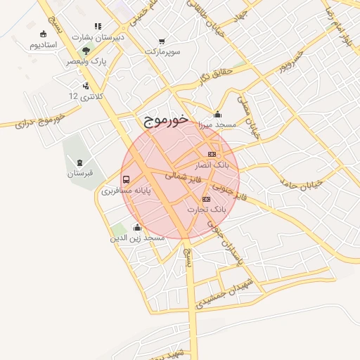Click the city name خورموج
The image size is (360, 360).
[x=167, y=120]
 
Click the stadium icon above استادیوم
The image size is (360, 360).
[x=44, y=33]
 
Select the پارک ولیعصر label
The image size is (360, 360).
[x=86, y=62]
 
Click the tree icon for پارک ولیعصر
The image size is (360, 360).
[x=86, y=51]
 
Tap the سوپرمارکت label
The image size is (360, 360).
[x=163, y=52]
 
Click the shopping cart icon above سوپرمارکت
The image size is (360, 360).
[x=163, y=41]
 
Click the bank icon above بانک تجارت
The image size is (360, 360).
[x=206, y=199]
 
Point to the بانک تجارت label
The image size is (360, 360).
[x=206, y=210]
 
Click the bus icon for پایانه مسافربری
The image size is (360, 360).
[x=126, y=179]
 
